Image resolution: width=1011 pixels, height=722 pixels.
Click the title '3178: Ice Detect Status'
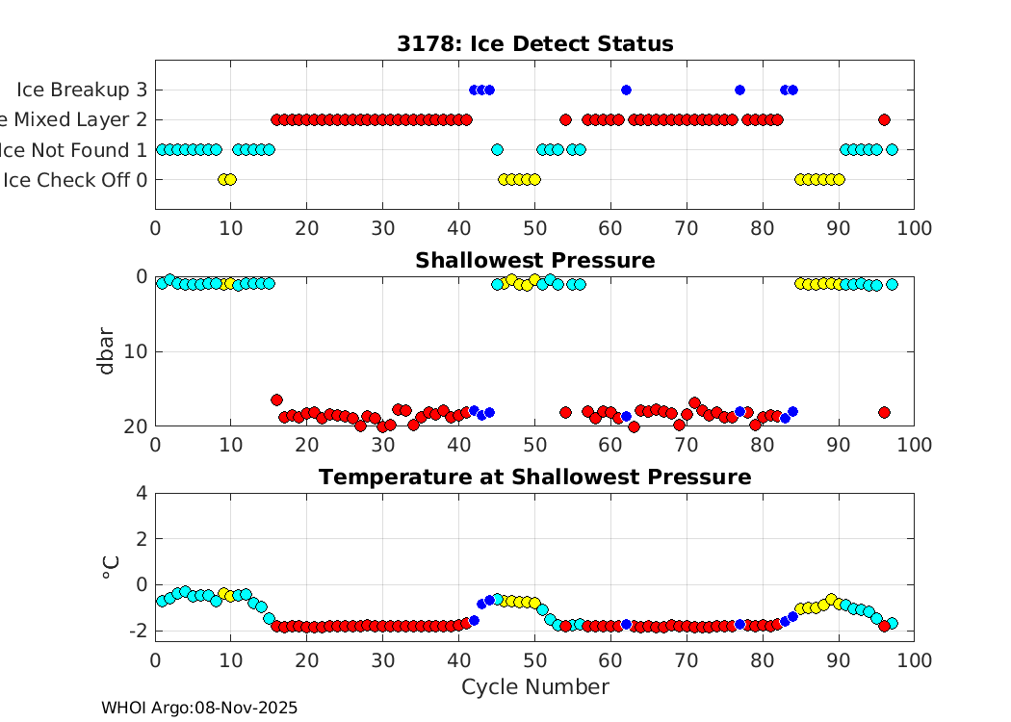[x=534, y=44]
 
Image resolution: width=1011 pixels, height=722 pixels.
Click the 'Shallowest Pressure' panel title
[x=534, y=261]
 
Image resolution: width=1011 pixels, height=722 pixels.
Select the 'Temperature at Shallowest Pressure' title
[x=534, y=477]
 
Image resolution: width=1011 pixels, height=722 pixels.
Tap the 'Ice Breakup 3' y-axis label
[x=81, y=90]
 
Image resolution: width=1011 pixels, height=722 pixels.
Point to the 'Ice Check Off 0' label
[x=76, y=179]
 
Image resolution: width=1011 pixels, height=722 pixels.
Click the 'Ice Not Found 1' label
[x=73, y=149]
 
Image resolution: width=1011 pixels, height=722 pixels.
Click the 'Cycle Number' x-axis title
[x=534, y=686]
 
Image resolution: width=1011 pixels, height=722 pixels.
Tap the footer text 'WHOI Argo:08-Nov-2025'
[x=199, y=708]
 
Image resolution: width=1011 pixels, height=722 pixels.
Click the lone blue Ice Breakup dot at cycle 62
[x=626, y=90]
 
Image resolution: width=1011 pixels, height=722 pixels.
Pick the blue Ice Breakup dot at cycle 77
[x=739, y=90]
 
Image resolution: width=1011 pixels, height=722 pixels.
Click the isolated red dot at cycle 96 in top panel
[x=884, y=119]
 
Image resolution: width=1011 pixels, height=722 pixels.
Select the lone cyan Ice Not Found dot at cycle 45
[x=497, y=149]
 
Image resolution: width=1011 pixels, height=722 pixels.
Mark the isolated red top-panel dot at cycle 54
[x=565, y=119]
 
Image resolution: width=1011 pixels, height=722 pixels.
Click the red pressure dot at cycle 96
[x=884, y=412]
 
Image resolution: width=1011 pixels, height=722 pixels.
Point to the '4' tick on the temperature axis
[x=143, y=493]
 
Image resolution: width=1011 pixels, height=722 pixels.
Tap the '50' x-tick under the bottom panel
[x=534, y=660]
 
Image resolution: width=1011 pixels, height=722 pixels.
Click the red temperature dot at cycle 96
[x=884, y=627]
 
